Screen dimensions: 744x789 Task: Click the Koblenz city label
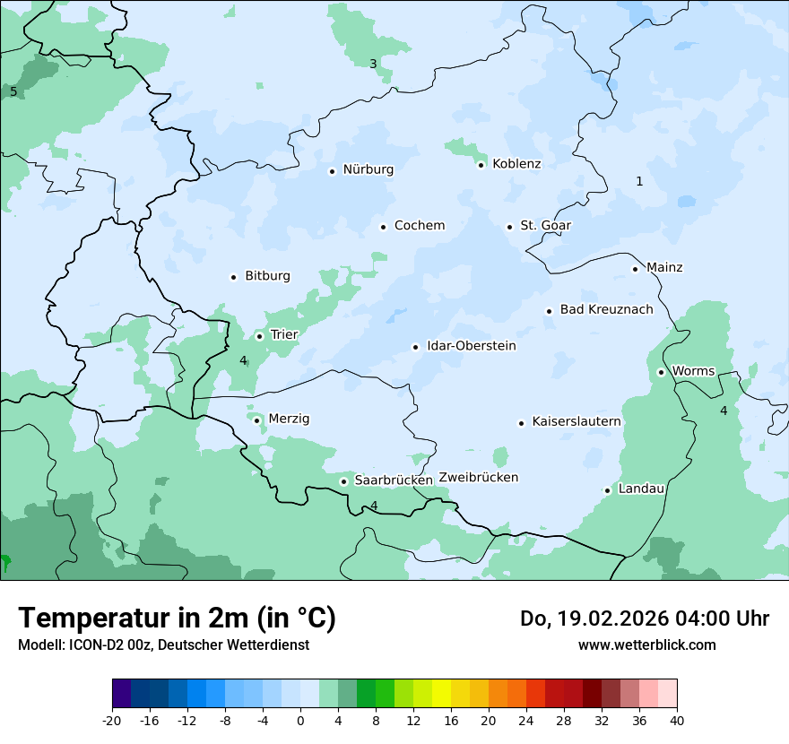coord(516,164)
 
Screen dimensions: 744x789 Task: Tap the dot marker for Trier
coord(259,336)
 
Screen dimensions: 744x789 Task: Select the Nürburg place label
coord(368,169)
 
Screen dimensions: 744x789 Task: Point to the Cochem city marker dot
coord(383,227)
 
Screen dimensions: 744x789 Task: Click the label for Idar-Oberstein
coord(471,346)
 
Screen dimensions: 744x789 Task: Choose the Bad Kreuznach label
coord(606,309)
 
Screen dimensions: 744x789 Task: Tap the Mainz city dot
coord(635,269)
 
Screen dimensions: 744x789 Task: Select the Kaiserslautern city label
coord(576,421)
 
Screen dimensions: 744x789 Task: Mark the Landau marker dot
coord(607,490)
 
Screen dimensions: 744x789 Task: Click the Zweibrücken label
coord(478,478)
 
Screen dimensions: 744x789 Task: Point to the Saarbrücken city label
coord(394,480)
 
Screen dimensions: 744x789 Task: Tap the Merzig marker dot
coord(256,420)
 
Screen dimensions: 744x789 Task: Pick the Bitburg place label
coord(267,276)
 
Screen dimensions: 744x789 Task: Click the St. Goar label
coord(545,226)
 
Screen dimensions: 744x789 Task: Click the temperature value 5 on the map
coord(13,91)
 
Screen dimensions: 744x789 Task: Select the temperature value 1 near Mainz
coord(639,181)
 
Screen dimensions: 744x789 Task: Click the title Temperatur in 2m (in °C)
coord(177,618)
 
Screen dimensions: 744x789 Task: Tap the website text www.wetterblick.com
coord(646,645)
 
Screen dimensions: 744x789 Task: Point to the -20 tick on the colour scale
coord(112,720)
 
